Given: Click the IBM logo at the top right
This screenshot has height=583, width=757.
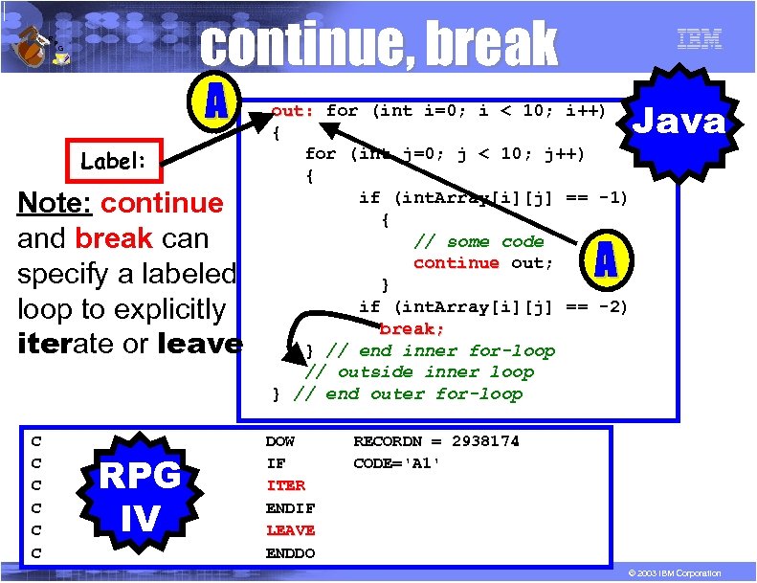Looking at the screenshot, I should (699, 38).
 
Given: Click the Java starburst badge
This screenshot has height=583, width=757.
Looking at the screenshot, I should (682, 121).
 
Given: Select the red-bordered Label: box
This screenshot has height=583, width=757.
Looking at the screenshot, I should (113, 161).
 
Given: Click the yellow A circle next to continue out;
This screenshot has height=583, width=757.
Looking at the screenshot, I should (604, 258).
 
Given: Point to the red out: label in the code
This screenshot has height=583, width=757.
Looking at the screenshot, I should (293, 110).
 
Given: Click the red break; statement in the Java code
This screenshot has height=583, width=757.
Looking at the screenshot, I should (412, 328).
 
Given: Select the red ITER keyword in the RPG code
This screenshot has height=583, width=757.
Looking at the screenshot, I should (285, 485).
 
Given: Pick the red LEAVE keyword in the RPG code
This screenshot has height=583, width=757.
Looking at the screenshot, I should (290, 529).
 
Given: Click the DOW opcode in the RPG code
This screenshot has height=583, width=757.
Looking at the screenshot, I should (279, 441).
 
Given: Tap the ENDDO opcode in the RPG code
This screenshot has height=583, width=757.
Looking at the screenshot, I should (290, 552).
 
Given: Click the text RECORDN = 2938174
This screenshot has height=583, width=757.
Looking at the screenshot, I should (436, 441).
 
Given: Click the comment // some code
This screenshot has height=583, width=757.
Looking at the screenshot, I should (478, 241).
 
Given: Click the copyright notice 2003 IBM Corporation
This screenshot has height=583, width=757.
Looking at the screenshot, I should (671, 572).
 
